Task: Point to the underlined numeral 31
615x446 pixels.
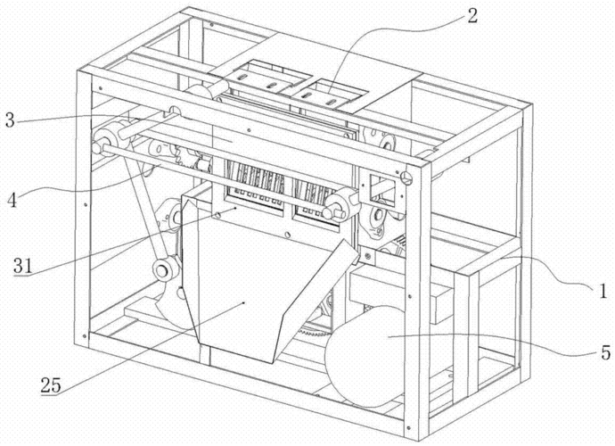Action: point(26,266)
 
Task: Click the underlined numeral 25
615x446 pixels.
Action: point(52,385)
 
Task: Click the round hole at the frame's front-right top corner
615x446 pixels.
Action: point(413,176)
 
